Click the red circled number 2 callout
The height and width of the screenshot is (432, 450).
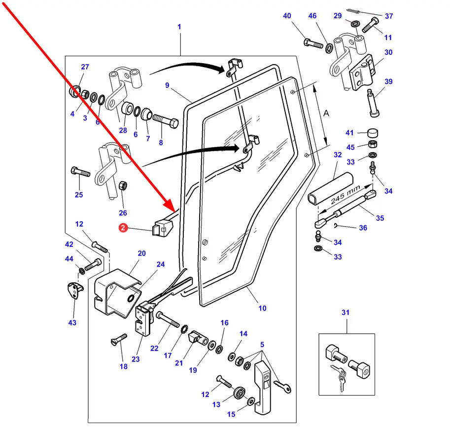click(x=123, y=228)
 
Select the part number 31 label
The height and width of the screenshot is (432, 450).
click(x=346, y=312)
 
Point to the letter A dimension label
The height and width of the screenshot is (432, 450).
click(x=326, y=113)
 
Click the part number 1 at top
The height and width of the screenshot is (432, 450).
click(x=179, y=26)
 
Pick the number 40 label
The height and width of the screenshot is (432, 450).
click(x=287, y=16)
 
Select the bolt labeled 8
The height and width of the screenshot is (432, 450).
click(x=166, y=120)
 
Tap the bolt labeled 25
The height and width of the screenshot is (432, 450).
click(x=81, y=173)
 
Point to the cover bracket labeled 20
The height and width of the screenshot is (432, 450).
click(x=114, y=293)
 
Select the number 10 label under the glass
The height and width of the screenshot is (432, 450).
click(x=262, y=308)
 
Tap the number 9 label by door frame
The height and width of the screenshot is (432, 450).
click(x=167, y=85)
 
